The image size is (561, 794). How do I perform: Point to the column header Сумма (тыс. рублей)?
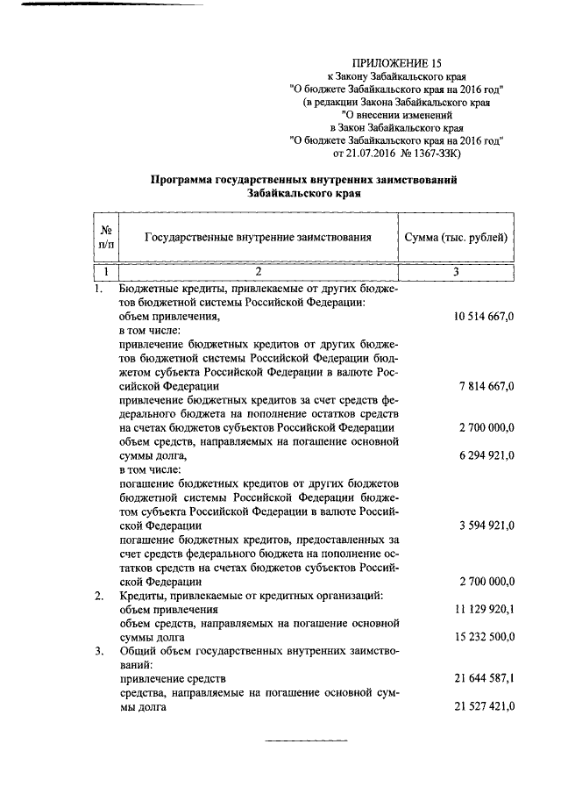point(455,237)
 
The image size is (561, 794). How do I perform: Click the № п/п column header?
point(104,237)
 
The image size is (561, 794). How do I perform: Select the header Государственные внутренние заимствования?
point(257,237)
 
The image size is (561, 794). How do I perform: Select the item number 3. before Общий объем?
point(99,651)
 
